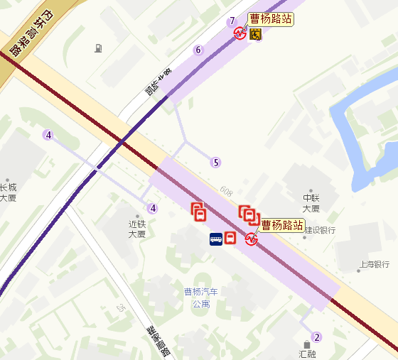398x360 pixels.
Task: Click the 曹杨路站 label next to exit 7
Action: [271, 19]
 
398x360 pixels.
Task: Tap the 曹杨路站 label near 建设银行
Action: [282, 225]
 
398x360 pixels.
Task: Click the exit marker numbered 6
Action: [198, 50]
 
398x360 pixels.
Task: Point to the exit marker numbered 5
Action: [215, 163]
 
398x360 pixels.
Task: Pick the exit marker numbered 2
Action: [317, 337]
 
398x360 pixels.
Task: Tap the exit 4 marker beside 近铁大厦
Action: [152, 208]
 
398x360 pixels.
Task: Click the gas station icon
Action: [97, 48]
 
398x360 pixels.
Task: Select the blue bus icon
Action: [215, 239]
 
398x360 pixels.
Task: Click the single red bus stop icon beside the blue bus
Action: [231, 238]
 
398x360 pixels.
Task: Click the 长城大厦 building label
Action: [7, 192]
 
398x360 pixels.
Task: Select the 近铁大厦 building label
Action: [136, 228]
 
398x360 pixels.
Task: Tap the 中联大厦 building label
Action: [311, 203]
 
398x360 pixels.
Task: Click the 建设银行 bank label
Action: [320, 231]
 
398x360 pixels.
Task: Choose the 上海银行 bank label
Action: [375, 265]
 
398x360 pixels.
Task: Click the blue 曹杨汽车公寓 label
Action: [201, 298]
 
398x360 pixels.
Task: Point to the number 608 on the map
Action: [226, 191]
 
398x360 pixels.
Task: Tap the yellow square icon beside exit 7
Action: [254, 34]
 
